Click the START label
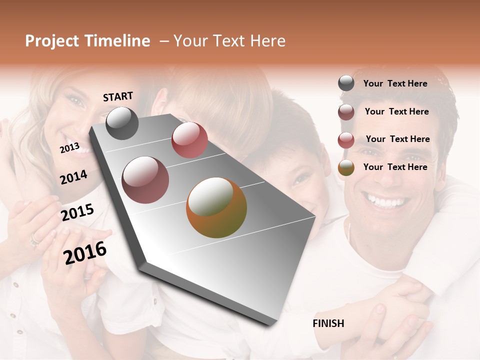[x=118, y=96]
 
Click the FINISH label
[x=328, y=323]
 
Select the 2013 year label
[x=69, y=147]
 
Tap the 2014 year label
[x=73, y=177]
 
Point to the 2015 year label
[x=77, y=212]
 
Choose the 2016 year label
[x=85, y=252]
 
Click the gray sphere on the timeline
[x=122, y=123]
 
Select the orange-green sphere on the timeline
[x=216, y=207]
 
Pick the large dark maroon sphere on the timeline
[x=145, y=180]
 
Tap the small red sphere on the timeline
[x=189, y=140]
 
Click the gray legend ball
[x=346, y=83]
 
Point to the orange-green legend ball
[x=346, y=167]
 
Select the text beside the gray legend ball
[x=395, y=83]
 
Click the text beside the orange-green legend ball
[x=395, y=167]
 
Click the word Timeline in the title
[x=117, y=41]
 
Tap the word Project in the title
[x=52, y=41]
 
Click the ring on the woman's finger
[x=34, y=241]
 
